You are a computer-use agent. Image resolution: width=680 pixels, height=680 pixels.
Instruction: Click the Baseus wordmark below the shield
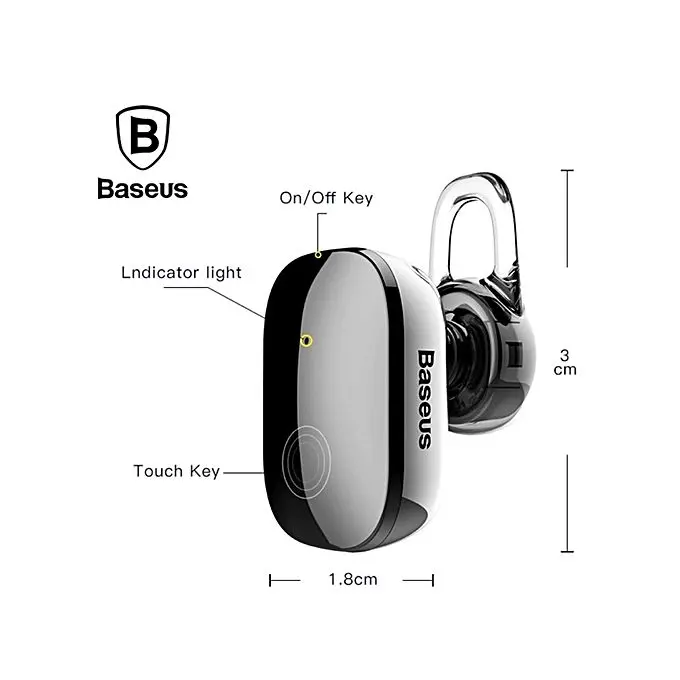[x=142, y=188]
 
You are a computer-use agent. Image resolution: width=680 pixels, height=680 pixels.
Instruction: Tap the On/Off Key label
[x=326, y=198]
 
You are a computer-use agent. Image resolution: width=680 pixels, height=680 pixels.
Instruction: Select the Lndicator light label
[x=180, y=272]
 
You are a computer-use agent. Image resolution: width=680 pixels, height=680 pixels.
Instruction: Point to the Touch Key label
[x=176, y=470]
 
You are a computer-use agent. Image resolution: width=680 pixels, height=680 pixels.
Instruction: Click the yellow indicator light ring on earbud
[x=306, y=341]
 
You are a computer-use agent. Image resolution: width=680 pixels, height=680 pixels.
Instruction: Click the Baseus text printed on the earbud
[x=424, y=397]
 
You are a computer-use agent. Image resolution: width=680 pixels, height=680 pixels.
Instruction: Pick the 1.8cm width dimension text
[x=352, y=579]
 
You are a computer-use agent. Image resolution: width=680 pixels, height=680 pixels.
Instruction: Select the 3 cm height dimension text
[x=566, y=362]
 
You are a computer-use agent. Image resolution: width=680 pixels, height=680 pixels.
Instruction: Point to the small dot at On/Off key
[x=318, y=254]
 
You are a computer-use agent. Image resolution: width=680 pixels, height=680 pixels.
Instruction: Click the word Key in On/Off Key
[x=357, y=198]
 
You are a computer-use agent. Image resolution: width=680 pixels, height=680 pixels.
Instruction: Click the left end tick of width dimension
[x=271, y=579]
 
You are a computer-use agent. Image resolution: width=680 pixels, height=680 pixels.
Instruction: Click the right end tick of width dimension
[x=433, y=579]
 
